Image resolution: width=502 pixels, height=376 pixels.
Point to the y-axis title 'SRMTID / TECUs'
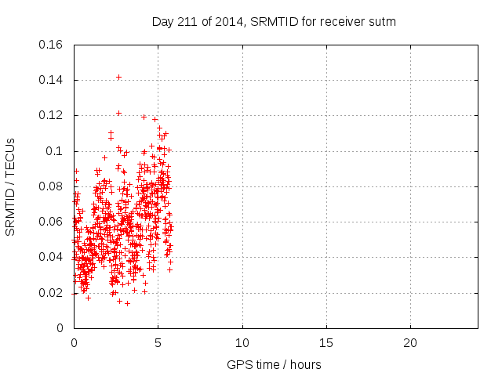[11, 186]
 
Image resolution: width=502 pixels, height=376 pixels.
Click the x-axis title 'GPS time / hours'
[274, 365]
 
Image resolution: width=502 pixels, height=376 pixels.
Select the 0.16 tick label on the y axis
[51, 45]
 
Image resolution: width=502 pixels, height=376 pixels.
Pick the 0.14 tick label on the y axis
[51, 80]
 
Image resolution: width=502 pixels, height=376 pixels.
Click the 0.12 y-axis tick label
[51, 115]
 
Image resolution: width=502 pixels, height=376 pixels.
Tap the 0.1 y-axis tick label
[54, 151]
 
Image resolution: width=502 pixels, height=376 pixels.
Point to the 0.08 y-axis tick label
[51, 186]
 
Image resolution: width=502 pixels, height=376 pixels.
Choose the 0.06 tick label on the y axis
[51, 222]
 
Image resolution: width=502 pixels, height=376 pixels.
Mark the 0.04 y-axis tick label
[51, 257]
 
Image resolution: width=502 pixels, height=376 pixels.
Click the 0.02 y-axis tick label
[51, 293]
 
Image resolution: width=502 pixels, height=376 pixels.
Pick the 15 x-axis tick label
[326, 344]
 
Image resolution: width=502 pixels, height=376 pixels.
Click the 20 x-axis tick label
[410, 344]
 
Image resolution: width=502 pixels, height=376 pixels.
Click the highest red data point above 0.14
[118, 77]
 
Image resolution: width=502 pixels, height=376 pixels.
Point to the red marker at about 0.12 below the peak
[118, 113]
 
